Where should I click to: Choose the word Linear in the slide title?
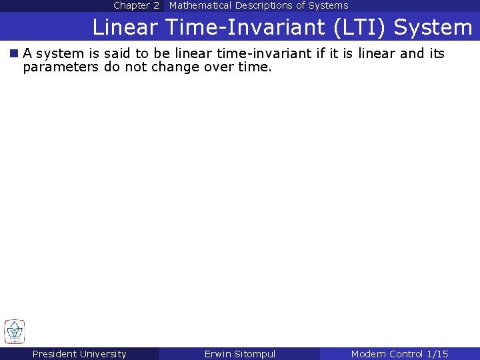coord(124,27)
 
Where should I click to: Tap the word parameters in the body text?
coord(61,67)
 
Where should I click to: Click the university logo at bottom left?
coord(14,331)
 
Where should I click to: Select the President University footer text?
coord(79,354)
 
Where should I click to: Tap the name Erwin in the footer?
coord(218,354)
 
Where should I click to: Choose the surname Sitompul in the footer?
coord(255,354)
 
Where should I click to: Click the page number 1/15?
coord(437,354)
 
